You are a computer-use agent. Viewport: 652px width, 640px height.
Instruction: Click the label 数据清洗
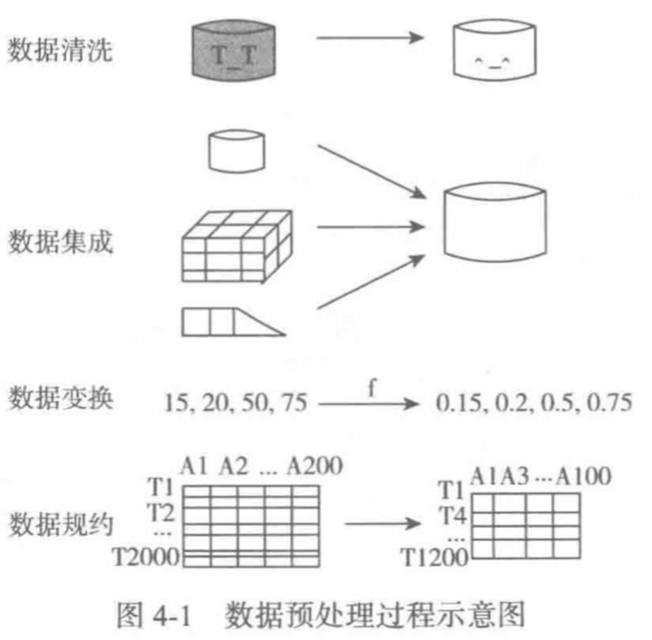[x=61, y=49]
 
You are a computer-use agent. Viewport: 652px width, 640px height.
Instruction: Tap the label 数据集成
[x=61, y=242]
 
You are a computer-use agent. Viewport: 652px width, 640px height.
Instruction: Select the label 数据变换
[x=61, y=400]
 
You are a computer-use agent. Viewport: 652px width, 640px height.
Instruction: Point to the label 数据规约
[x=61, y=526]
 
